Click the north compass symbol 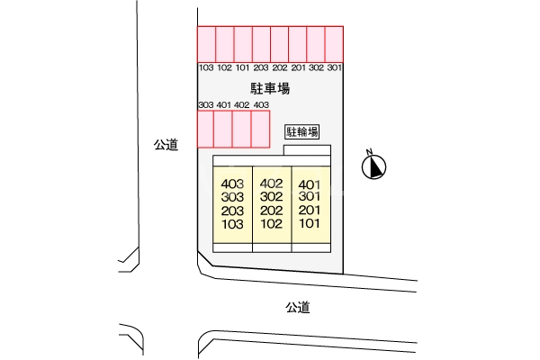(x=373, y=167)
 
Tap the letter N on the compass (x=369, y=151)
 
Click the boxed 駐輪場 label (x=302, y=132)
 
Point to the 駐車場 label (x=270, y=88)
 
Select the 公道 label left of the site (x=166, y=145)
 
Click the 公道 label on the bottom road (x=298, y=307)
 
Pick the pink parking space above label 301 (x=334, y=44)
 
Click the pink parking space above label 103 (x=207, y=44)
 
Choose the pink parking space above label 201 (x=298, y=44)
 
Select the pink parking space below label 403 (x=260, y=130)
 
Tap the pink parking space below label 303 (x=205, y=130)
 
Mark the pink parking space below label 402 (x=242, y=130)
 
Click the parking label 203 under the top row (x=261, y=67)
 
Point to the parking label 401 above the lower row (x=224, y=104)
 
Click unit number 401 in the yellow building (x=310, y=184)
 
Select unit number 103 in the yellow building (x=232, y=224)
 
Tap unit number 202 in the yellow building (x=272, y=211)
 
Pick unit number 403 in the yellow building (x=232, y=184)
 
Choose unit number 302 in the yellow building (x=272, y=197)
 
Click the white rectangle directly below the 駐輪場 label (x=307, y=150)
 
